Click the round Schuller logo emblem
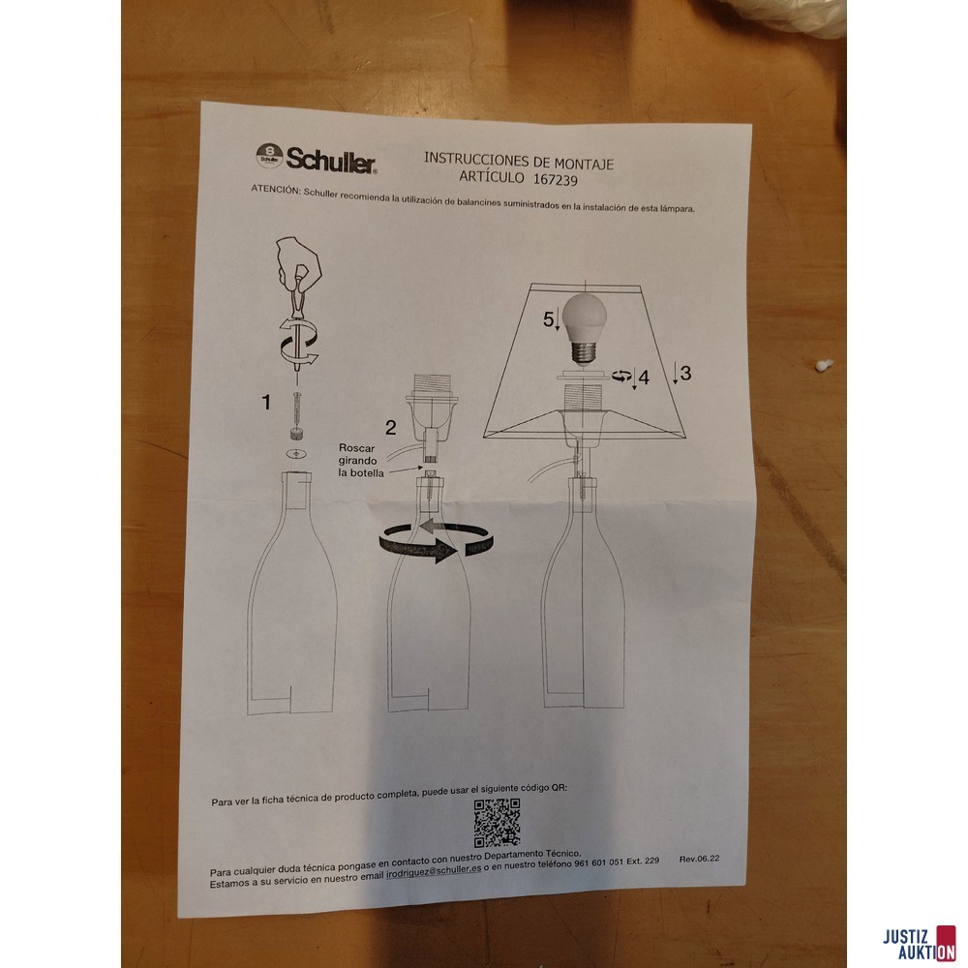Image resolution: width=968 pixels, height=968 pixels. coord(269,156)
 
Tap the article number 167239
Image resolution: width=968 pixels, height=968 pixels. coord(556,180)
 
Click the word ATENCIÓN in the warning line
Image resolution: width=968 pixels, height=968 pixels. coord(275,190)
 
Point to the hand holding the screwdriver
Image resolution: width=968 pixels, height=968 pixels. coord(299,263)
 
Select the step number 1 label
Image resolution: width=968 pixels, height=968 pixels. coord(266,403)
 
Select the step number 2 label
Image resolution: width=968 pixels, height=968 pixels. coord(391,427)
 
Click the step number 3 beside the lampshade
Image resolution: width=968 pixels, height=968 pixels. coord(685,373)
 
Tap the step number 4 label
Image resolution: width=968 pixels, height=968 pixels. coord(644,378)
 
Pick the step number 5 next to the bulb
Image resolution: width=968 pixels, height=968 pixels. coord(548,319)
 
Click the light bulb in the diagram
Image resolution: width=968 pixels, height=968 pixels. coord(584,328)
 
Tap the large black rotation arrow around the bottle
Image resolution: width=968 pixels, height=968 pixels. coord(437,541)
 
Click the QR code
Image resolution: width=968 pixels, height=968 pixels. coord(497,822)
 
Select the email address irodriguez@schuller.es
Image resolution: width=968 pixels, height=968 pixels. coord(434,872)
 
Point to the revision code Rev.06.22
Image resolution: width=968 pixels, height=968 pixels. coord(699,859)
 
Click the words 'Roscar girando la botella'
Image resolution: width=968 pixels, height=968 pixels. coord(360,461)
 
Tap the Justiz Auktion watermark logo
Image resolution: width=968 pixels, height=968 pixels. coord(920,944)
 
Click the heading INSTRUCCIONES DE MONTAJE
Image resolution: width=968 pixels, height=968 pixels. coord(519,161)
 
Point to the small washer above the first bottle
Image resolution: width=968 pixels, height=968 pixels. coord(296,454)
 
